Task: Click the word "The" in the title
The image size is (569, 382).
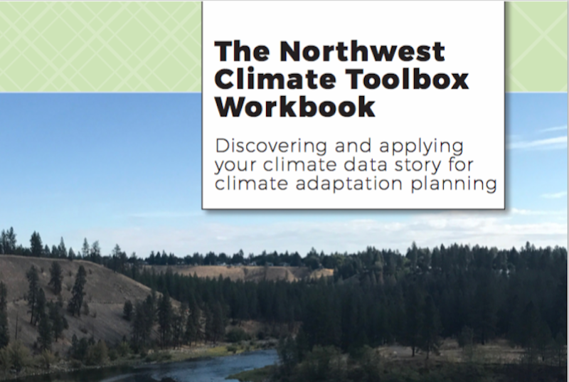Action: point(242,51)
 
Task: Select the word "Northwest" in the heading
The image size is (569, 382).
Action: point(362,51)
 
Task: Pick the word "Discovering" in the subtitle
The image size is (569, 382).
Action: point(271,146)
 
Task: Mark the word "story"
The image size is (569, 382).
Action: point(418,166)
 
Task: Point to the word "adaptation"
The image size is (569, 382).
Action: point(349,184)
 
